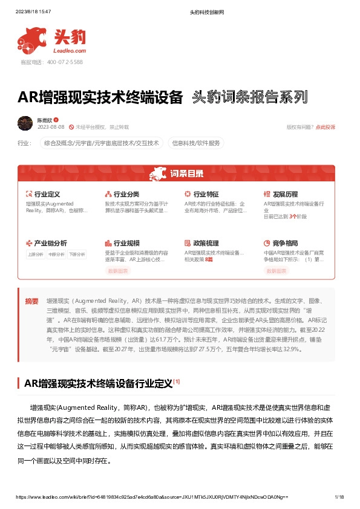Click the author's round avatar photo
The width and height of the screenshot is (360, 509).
(25, 123)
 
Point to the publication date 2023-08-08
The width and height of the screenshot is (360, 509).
(51, 127)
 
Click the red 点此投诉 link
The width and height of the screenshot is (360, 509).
(325, 127)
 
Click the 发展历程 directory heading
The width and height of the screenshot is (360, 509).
(285, 195)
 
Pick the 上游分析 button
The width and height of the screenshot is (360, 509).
(36, 254)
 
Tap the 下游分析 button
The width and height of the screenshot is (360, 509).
(77, 254)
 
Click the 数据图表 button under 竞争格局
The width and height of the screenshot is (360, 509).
(278, 271)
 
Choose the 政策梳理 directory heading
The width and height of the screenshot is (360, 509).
(206, 242)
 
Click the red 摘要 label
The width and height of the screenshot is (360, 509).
(31, 300)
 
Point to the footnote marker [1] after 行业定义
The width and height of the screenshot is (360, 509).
(176, 381)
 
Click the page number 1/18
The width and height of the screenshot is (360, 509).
(339, 497)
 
